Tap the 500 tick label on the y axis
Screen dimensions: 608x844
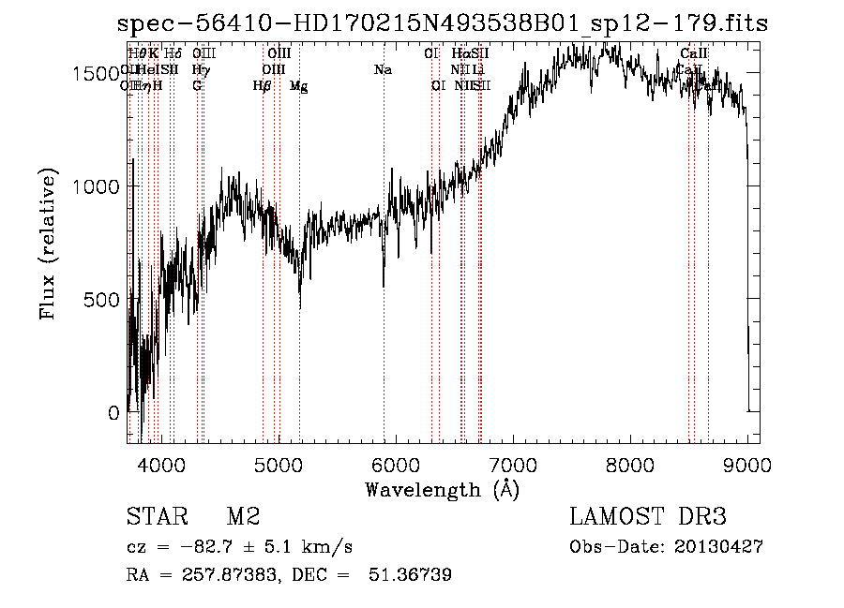point(106,299)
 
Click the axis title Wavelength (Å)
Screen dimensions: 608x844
point(443,489)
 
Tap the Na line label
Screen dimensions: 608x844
point(383,70)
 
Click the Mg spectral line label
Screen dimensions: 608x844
point(298,86)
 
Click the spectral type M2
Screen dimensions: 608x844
point(243,517)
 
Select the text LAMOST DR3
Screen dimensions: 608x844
point(648,517)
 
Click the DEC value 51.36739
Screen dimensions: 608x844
point(412,575)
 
